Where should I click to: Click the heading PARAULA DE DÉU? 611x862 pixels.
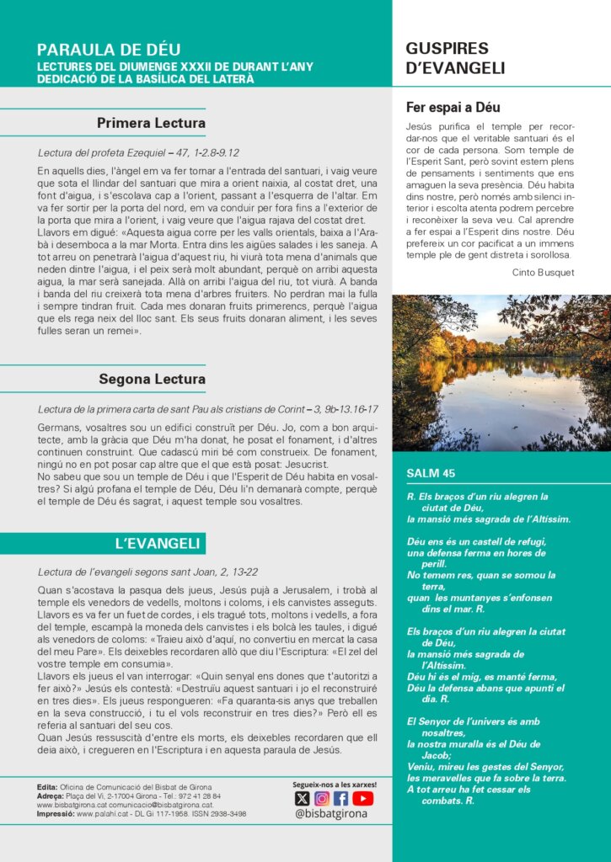coord(109,50)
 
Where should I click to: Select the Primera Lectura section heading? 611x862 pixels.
coord(151,124)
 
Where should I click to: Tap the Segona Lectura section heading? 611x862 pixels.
coord(152,379)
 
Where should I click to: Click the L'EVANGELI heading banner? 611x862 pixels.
coord(157,543)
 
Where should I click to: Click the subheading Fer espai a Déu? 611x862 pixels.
coord(453,108)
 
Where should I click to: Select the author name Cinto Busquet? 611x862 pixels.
coord(543,272)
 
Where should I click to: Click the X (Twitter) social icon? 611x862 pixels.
coord(302,798)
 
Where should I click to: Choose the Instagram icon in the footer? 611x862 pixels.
coord(322,798)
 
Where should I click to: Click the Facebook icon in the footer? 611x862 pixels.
coord(341,798)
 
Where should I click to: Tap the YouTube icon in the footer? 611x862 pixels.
coord(362,798)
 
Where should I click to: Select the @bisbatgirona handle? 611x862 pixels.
coord(332,814)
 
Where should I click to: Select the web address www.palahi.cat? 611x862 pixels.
coord(99,814)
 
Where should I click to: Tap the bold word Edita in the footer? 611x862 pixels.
coord(48,787)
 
